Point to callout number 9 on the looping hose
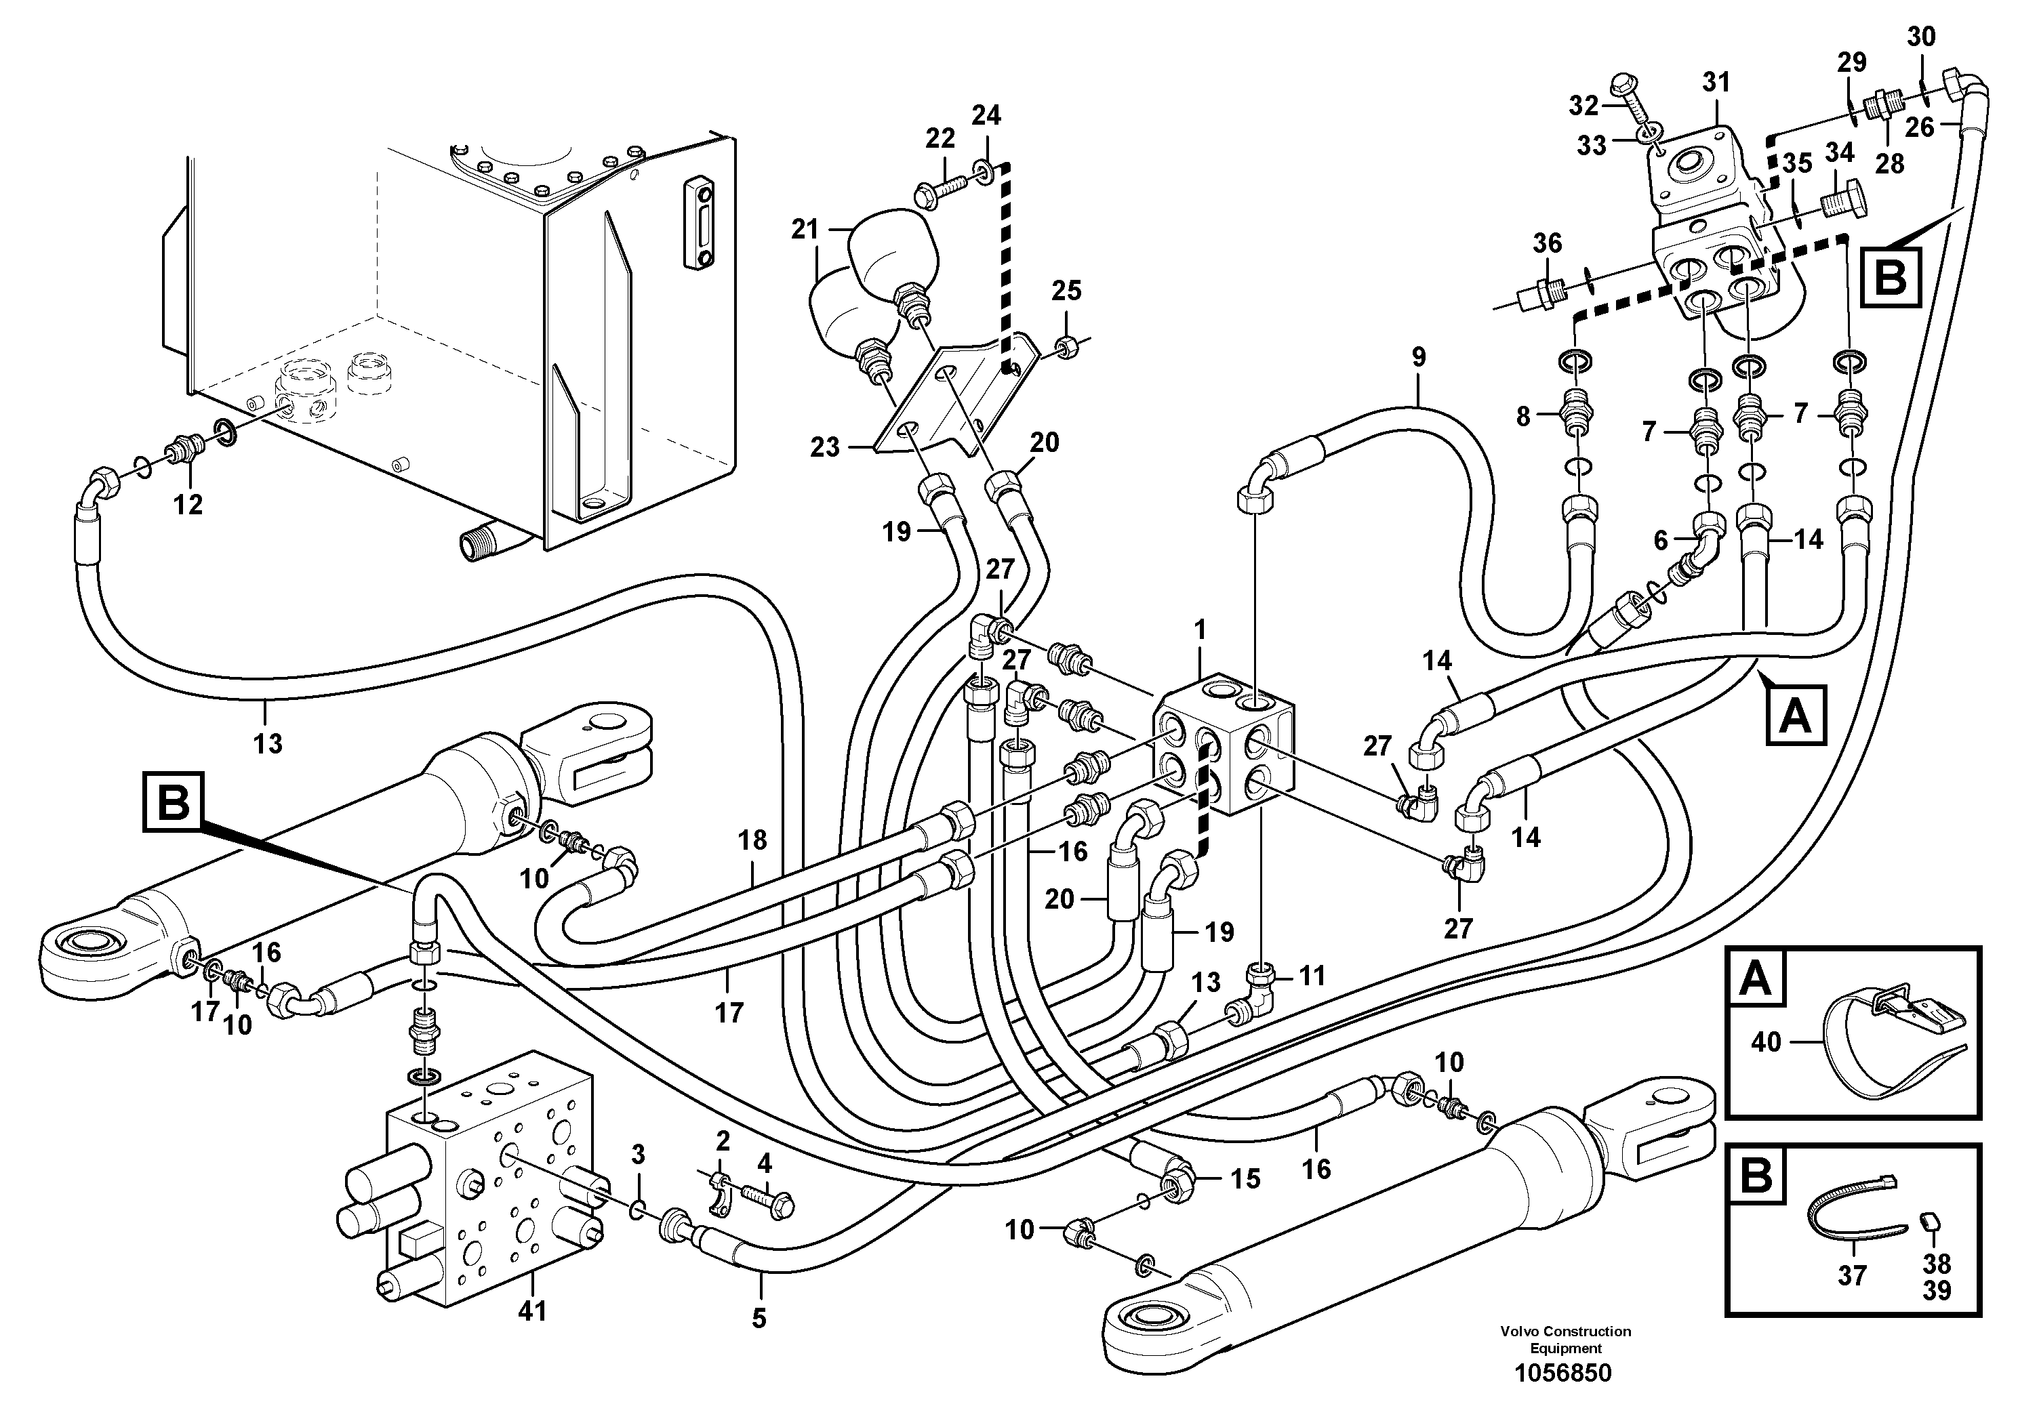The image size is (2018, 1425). click(x=1417, y=358)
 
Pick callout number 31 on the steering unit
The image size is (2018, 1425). click(x=1715, y=83)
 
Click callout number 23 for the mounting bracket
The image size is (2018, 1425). click(x=824, y=448)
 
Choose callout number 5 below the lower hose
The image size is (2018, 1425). click(x=759, y=1318)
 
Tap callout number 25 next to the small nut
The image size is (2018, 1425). click(x=1066, y=291)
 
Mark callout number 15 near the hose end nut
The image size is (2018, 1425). click(x=1245, y=1179)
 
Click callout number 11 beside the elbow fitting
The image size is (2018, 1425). click(x=1312, y=975)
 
